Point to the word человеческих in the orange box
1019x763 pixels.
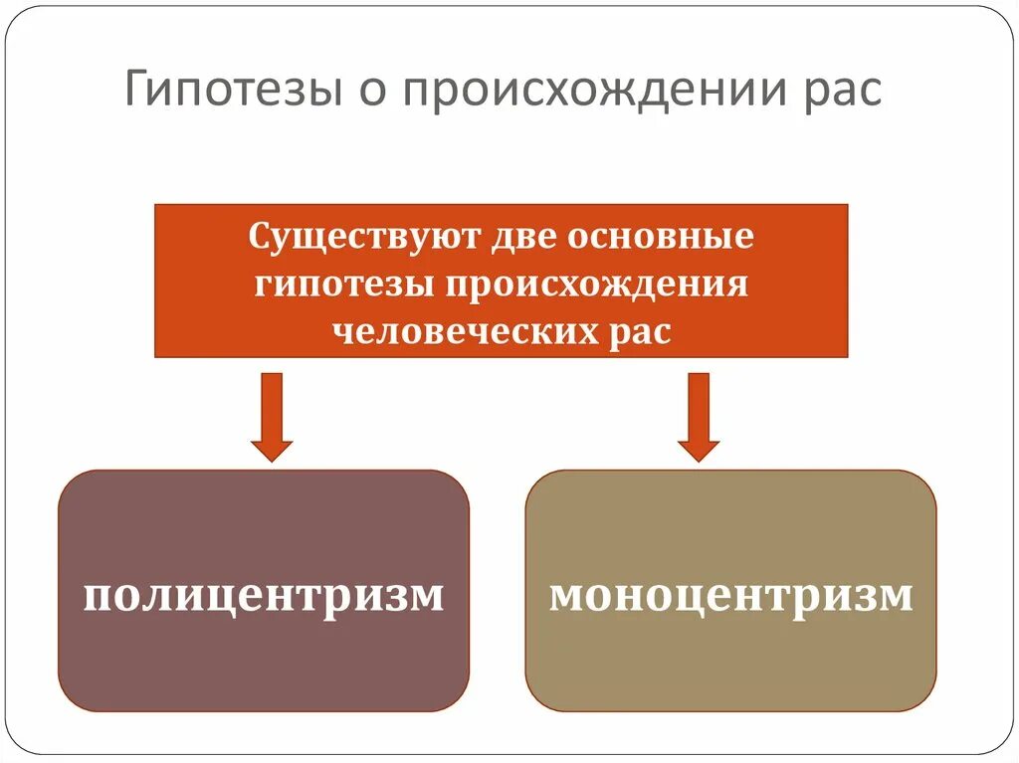[458, 331]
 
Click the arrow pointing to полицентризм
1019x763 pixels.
[272, 416]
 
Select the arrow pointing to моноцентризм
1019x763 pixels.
[699, 416]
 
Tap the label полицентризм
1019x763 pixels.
[264, 596]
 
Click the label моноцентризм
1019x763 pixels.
[731, 596]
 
